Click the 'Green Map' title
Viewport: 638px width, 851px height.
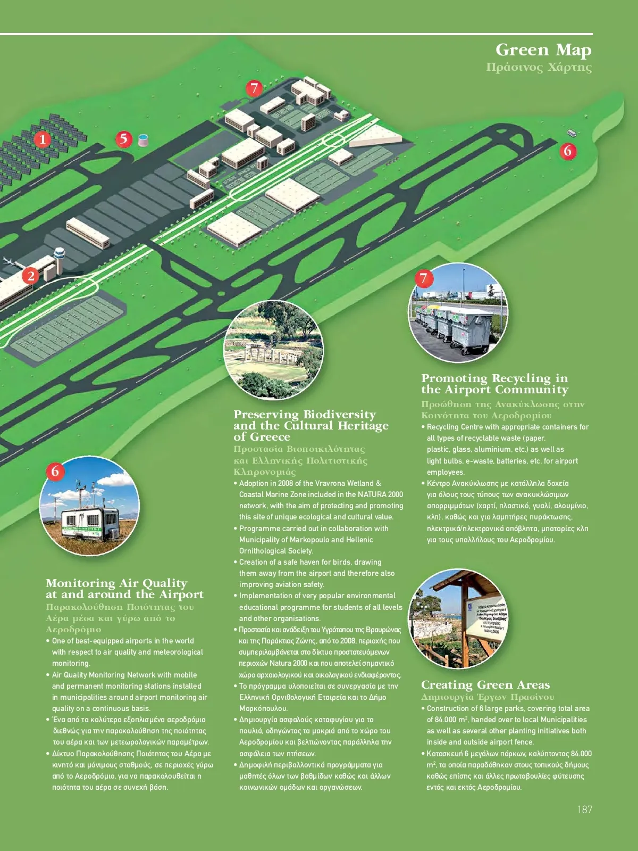click(x=543, y=50)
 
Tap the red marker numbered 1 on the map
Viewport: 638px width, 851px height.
click(x=43, y=140)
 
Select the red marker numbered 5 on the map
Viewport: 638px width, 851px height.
click(x=124, y=139)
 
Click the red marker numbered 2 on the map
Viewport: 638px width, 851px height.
click(x=31, y=276)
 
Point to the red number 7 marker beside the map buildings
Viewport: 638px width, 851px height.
click(x=255, y=88)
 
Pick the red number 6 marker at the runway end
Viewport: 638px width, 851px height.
click(x=568, y=151)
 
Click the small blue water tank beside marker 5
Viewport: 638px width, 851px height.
click(x=143, y=140)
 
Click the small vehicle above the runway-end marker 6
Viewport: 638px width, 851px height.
click(x=572, y=133)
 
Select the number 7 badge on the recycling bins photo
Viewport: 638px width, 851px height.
click(x=424, y=278)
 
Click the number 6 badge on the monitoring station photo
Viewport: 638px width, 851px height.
click(x=55, y=471)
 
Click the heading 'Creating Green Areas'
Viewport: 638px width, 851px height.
click(x=485, y=685)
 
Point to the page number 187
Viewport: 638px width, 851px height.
click(x=584, y=809)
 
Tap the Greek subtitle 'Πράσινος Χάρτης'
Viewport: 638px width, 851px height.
click(x=539, y=68)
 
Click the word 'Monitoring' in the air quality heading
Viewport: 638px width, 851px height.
click(x=80, y=583)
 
